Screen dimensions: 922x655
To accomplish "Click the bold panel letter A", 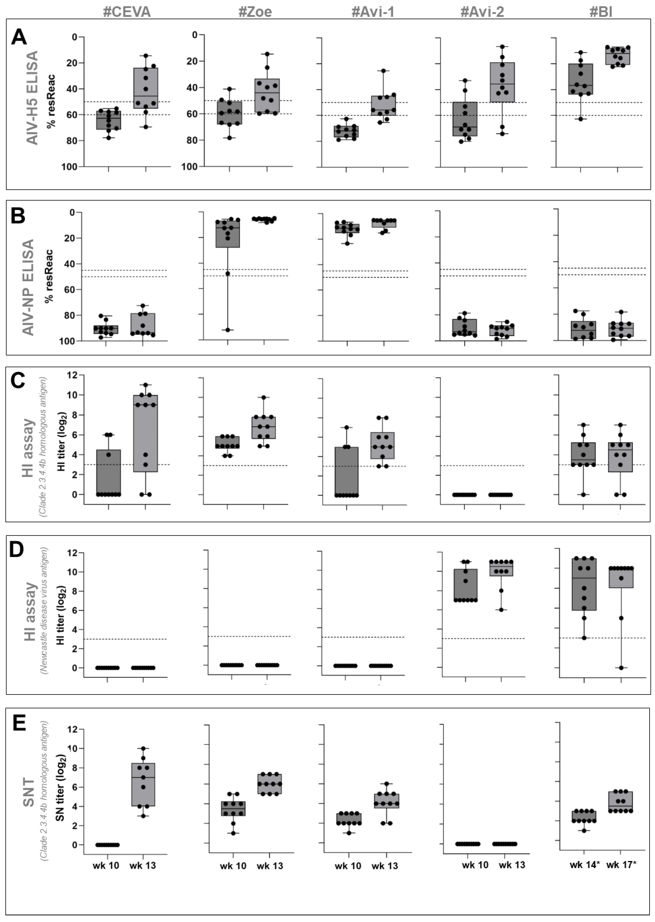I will click(19, 37).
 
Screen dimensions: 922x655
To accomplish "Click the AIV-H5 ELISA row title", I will click(32, 98).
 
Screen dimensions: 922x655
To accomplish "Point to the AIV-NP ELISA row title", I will click(28, 287).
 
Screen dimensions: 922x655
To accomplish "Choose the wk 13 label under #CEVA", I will click(143, 866).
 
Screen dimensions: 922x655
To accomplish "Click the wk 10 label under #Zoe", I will click(233, 866).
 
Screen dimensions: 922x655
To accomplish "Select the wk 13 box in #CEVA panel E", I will click(143, 784).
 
